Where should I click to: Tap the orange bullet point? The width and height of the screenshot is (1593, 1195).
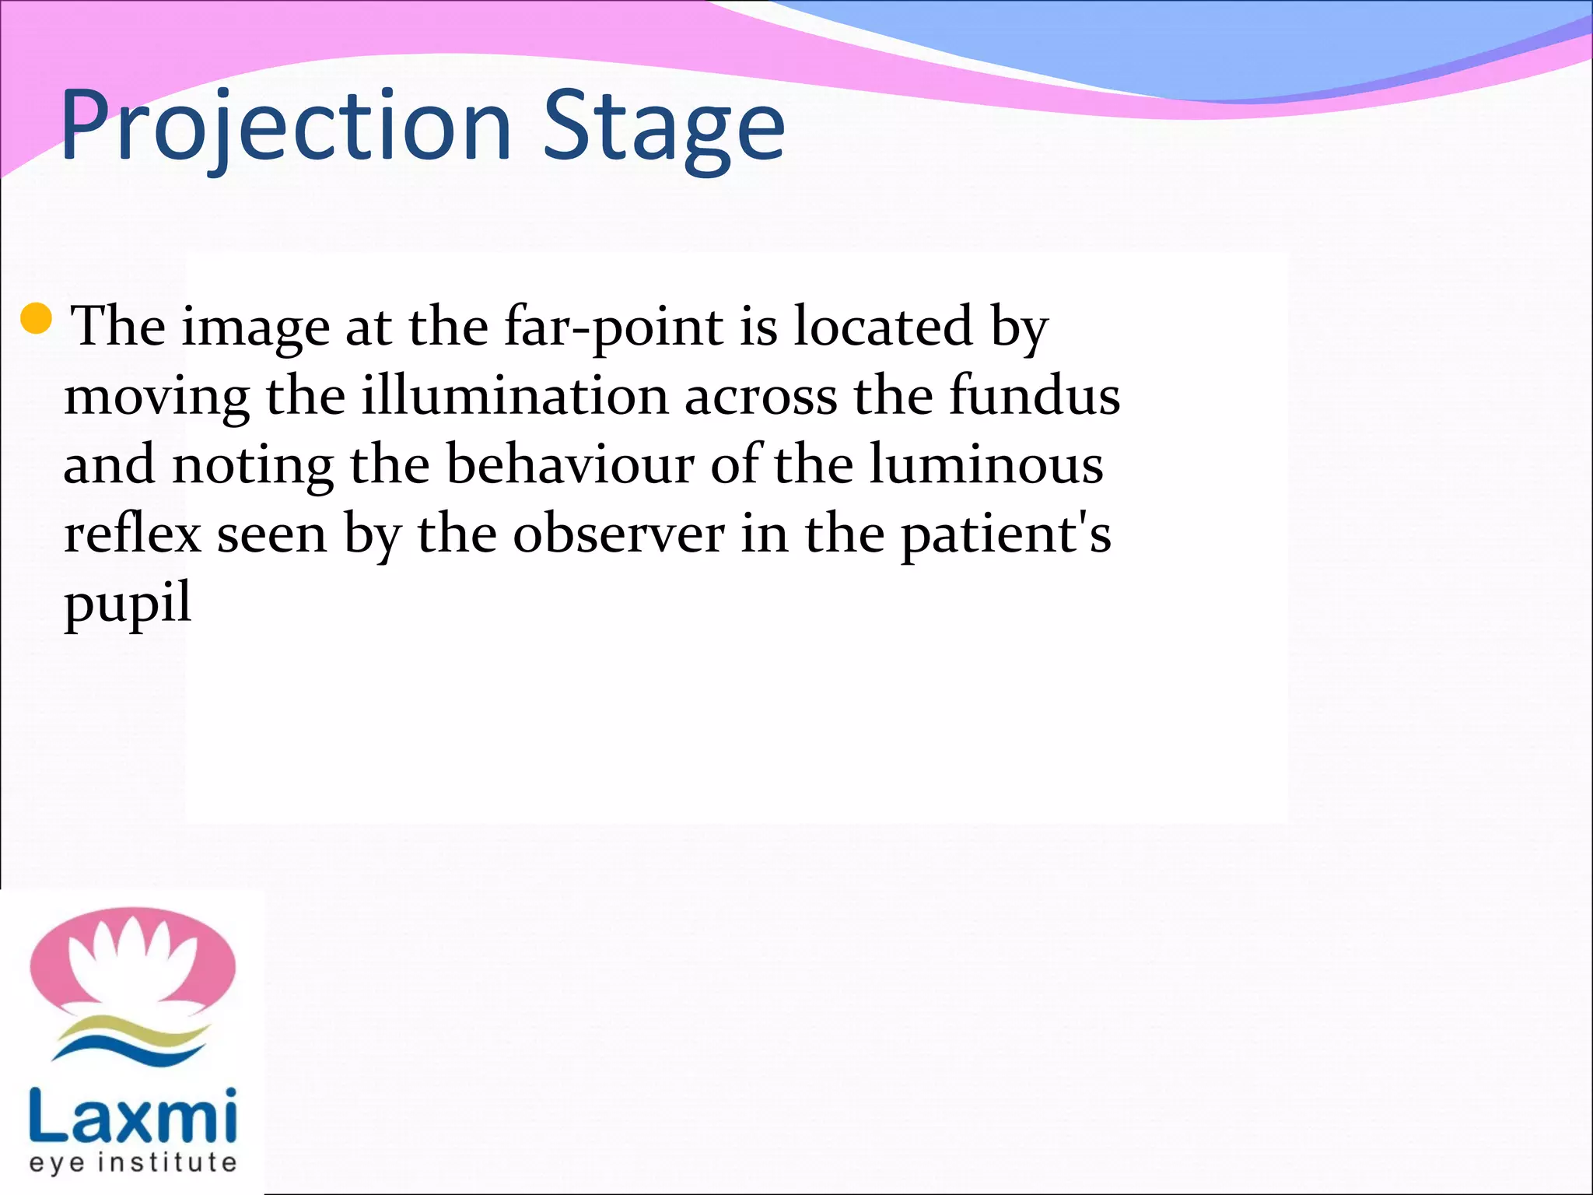tap(37, 318)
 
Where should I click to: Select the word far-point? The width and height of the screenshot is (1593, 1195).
tap(614, 327)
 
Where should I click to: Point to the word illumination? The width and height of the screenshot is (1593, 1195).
tap(515, 395)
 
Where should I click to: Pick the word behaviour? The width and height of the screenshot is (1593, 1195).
tap(570, 464)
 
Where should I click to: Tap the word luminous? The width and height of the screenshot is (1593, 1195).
tap(986, 464)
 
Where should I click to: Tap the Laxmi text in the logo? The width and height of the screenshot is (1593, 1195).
tap(133, 1117)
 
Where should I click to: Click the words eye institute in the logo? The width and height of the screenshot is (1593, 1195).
tap(133, 1164)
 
